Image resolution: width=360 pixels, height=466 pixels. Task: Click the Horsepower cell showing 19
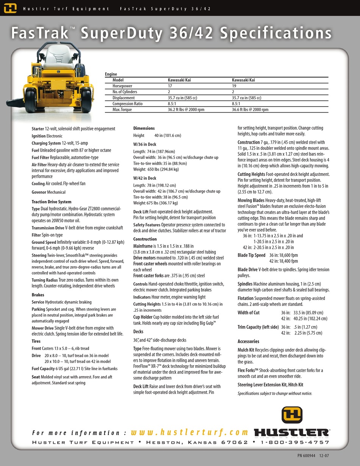click(234, 86)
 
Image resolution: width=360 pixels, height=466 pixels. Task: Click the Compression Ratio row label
click(128, 104)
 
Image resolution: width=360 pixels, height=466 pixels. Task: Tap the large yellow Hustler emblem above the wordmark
click(292, 415)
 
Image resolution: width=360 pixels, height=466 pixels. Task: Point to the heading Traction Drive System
click(52, 202)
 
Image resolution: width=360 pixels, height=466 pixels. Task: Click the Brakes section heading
click(38, 295)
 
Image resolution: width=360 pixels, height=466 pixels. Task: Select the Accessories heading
click(248, 341)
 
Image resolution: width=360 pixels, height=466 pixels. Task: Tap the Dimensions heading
click(144, 128)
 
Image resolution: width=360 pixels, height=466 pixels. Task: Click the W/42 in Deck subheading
click(145, 178)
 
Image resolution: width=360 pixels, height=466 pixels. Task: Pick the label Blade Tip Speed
click(251, 255)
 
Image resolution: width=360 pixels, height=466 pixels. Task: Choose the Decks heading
click(138, 331)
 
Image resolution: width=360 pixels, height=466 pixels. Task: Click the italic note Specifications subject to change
click(275, 393)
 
